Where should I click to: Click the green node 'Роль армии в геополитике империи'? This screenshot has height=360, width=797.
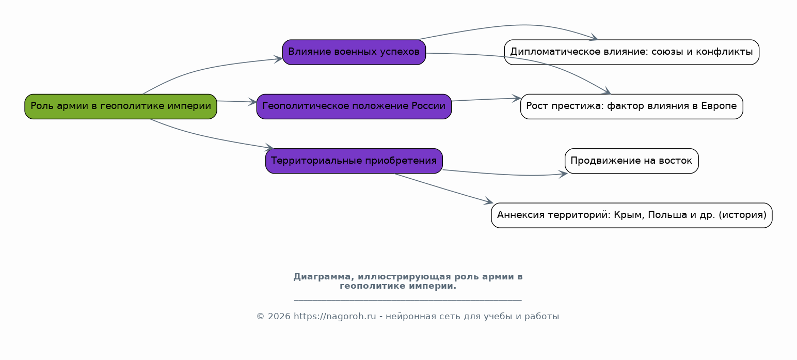121,106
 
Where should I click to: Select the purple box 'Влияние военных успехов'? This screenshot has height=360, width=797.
354,52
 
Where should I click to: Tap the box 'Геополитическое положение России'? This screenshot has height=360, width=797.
354,106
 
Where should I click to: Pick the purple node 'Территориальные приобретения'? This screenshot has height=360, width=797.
354,161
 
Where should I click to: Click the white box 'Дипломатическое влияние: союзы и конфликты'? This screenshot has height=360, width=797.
631,52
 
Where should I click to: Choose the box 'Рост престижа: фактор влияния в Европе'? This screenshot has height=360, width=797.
631,106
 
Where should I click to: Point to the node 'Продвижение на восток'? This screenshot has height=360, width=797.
631,161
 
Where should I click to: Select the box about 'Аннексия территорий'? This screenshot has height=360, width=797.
631,215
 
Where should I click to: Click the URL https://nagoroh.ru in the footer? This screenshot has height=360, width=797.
335,316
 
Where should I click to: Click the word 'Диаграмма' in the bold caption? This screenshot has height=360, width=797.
324,277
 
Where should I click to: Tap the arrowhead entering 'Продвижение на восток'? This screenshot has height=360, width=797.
563,174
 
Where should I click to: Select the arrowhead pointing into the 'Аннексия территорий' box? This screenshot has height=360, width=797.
488,201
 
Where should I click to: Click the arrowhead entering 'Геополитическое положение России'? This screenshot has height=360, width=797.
252,102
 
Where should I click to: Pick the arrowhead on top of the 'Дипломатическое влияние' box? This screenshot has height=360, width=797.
594,37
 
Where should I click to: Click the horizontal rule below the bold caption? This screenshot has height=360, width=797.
408,300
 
